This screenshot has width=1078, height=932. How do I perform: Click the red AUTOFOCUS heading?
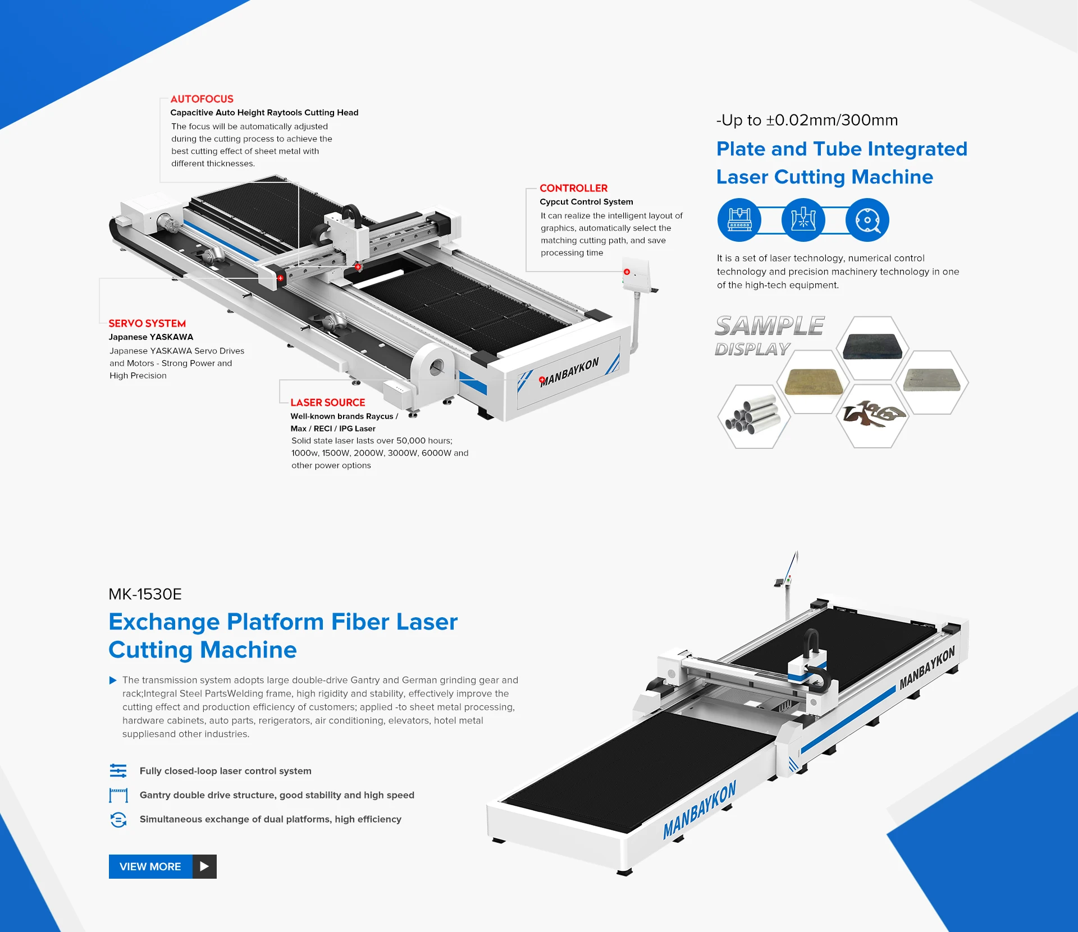coord(202,99)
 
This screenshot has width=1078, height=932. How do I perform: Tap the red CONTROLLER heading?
coord(573,188)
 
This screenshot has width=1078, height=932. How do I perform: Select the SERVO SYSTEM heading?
coord(147,323)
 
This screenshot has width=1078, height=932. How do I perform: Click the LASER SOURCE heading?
coord(327,402)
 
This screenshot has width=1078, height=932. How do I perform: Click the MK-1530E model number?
coord(145,594)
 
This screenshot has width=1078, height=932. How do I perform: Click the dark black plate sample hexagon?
coord(872,347)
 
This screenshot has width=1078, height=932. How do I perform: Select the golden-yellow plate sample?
coord(812,382)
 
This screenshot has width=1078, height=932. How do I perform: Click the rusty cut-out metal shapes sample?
coord(872,415)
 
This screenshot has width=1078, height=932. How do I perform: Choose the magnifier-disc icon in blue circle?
coord(867,220)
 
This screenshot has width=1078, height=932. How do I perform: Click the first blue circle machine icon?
coord(739,220)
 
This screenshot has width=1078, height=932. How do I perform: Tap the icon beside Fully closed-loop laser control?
coord(118,771)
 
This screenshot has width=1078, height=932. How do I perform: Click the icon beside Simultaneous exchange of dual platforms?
coord(118,819)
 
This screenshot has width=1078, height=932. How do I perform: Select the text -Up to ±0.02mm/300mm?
coord(807,120)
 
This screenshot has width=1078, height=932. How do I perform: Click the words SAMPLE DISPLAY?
coord(768,335)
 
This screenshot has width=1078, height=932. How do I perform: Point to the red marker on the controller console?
coord(627,272)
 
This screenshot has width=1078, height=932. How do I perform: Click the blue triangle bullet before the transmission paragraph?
coord(113,680)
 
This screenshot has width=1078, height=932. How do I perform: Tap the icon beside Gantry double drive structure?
coord(118,795)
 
